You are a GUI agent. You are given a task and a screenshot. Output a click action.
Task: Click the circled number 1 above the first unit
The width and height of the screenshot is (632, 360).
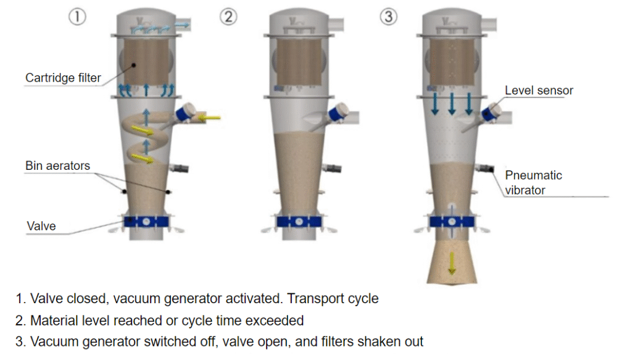click(77, 17)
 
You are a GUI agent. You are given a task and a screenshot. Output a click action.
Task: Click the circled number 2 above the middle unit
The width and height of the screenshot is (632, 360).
click(228, 17)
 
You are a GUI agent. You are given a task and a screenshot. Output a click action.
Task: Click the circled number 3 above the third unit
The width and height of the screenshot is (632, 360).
click(388, 17)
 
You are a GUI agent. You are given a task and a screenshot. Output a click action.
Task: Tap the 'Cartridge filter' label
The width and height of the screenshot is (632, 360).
click(63, 78)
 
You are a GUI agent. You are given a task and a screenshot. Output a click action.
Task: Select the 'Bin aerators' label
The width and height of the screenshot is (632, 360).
click(57, 165)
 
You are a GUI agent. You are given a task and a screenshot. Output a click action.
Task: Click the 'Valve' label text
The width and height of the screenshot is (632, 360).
click(41, 226)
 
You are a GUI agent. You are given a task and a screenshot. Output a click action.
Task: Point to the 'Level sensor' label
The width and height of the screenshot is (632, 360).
click(539, 90)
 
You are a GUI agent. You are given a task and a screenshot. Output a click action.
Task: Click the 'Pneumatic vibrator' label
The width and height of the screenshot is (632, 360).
click(533, 182)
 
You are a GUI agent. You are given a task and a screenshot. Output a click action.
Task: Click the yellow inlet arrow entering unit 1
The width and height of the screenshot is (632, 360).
click(209, 117)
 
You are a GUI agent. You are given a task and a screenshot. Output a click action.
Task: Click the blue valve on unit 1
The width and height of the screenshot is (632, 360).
click(146, 222)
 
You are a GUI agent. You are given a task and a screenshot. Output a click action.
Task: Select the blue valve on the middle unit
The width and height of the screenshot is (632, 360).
click(299, 222)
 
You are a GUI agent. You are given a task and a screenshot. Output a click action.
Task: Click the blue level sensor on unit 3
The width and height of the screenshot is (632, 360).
click(492, 113)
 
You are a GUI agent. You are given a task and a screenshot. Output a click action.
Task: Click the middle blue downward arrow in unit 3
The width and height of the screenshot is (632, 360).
click(452, 103)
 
